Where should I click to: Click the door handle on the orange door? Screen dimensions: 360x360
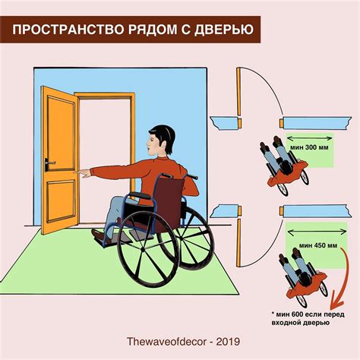[51, 163]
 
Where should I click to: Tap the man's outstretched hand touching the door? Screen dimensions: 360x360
[86, 174]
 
